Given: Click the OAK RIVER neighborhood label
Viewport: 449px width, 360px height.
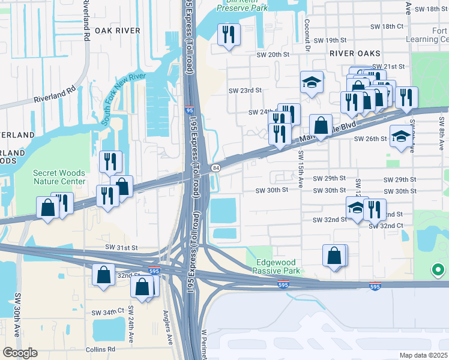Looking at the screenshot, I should [x=117, y=30].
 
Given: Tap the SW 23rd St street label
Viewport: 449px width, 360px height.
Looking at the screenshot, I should [x=245, y=91].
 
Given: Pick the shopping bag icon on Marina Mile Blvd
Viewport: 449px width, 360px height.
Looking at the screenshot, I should [x=321, y=126].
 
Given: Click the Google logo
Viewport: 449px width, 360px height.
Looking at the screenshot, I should [x=20, y=353].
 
